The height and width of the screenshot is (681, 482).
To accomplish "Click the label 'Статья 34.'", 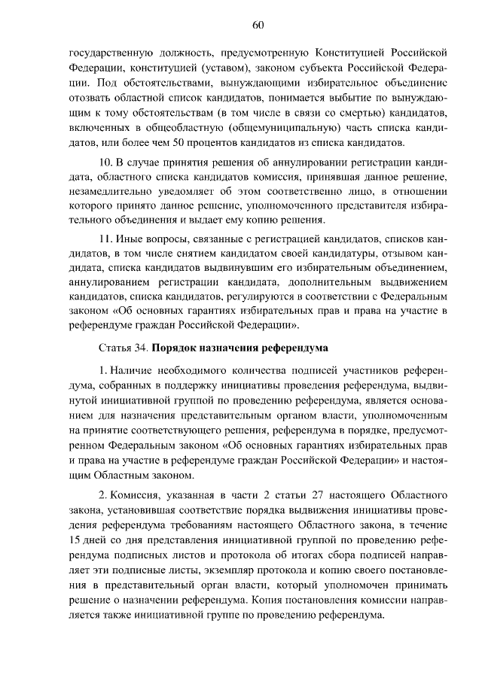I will (x=123, y=349).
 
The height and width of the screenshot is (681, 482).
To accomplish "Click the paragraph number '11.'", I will (x=106, y=239).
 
